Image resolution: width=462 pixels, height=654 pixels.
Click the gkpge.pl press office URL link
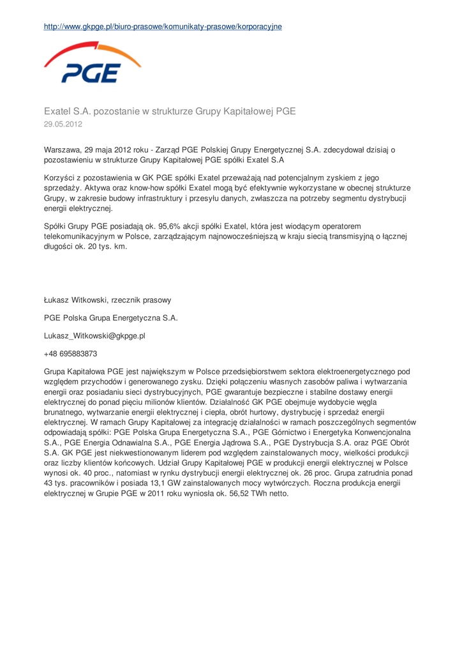point(163,26)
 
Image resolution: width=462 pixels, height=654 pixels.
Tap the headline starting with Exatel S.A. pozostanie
point(169,111)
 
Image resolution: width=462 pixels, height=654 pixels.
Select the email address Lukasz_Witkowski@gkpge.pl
point(94,335)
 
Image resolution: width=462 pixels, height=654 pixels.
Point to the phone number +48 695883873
point(70,353)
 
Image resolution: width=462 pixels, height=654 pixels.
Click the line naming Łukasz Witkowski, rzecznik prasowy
point(107,299)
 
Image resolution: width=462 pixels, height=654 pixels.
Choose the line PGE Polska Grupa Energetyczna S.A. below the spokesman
point(110,317)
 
